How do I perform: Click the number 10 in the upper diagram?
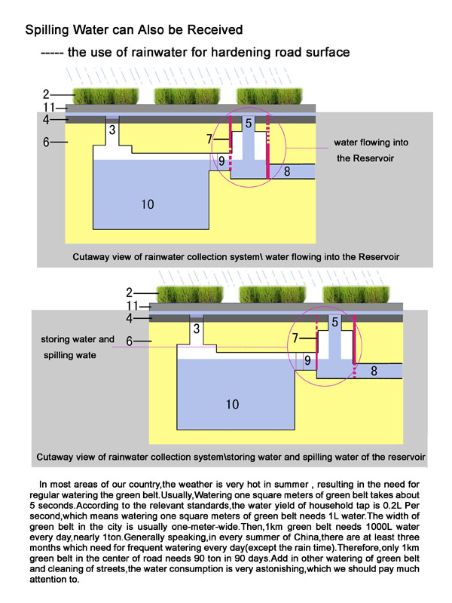[x=147, y=204]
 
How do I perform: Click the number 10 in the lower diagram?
[x=232, y=405]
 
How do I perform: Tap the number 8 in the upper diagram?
[x=287, y=171]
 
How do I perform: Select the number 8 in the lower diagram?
[x=374, y=371]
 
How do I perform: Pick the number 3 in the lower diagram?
[x=197, y=329]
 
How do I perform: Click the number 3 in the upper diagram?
[x=112, y=130]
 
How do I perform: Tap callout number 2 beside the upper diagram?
[x=46, y=94]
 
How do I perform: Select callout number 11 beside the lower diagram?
[x=131, y=306]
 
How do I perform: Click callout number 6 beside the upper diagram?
[x=46, y=141]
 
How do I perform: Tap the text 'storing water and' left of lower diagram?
[x=78, y=339]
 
